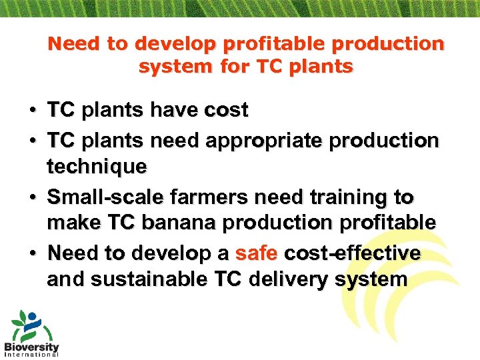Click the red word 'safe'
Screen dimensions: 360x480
click(x=257, y=253)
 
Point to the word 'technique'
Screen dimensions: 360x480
click(x=96, y=167)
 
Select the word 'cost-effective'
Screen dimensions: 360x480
click(x=352, y=253)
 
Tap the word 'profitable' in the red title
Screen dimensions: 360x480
click(x=280, y=44)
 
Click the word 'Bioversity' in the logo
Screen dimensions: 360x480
click(x=31, y=346)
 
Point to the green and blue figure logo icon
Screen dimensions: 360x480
click(x=27, y=325)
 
